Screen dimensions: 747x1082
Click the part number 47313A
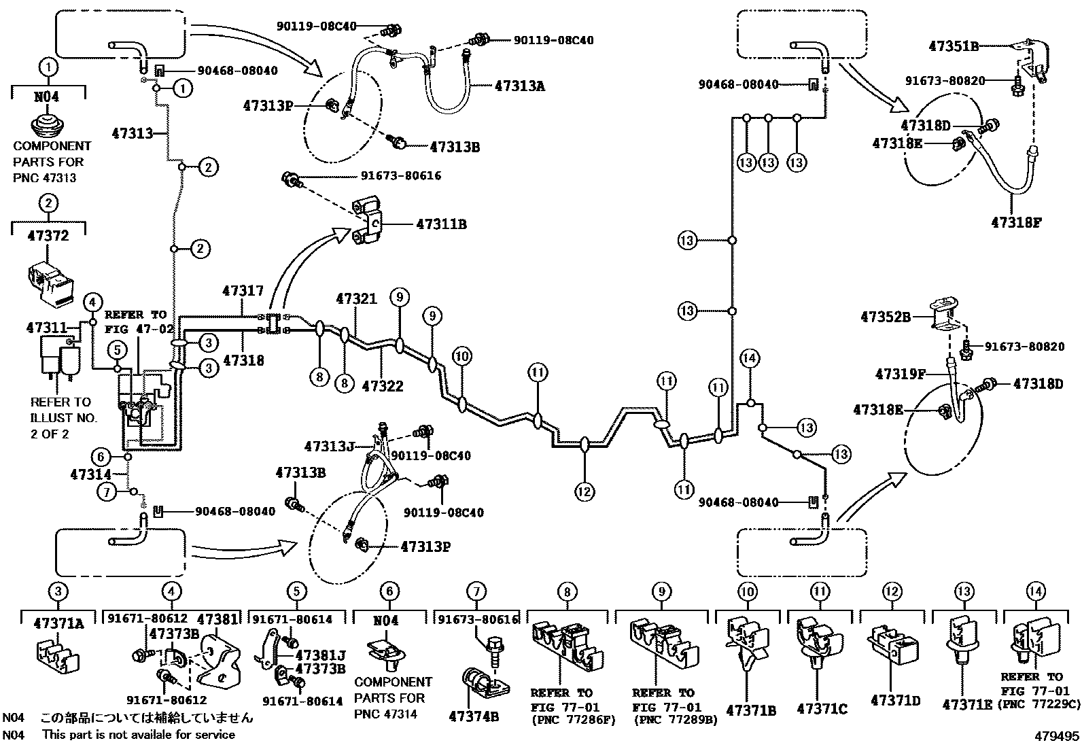(x=520, y=86)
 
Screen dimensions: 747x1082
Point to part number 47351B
(x=954, y=46)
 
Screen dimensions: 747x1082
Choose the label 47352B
(x=886, y=317)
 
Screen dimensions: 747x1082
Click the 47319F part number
(x=900, y=374)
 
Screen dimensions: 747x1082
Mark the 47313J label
(x=330, y=447)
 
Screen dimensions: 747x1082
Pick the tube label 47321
(x=355, y=299)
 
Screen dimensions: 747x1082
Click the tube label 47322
(x=383, y=386)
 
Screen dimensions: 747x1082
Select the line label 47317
(x=243, y=291)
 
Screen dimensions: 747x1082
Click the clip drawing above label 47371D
(x=892, y=644)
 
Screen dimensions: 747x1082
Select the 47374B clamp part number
(x=474, y=716)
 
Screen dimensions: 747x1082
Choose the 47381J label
(x=320, y=655)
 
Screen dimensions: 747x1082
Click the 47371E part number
(x=967, y=705)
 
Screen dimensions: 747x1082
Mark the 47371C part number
(x=822, y=709)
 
